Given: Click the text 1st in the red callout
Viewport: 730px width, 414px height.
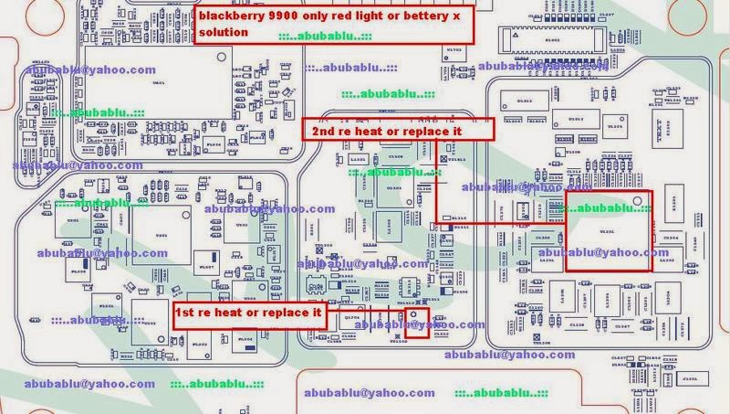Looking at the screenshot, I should click(189, 313).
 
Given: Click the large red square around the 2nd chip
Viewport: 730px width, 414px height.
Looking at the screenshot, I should click(610, 231).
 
